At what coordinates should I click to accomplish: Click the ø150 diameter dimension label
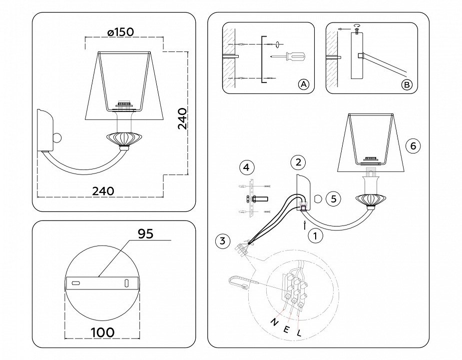[x=120, y=31]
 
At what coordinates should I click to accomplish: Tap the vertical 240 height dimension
[x=183, y=118]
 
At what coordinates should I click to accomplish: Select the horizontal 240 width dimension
[x=103, y=190]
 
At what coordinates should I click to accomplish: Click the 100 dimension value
[x=102, y=331]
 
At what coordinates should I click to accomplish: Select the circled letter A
[x=303, y=84]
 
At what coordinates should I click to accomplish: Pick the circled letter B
[x=407, y=84]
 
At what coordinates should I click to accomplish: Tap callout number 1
[x=315, y=235]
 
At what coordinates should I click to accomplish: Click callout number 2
[x=298, y=162]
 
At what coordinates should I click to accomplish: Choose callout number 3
[x=223, y=241]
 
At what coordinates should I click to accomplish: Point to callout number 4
[x=246, y=167]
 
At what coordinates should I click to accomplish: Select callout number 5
[x=333, y=198]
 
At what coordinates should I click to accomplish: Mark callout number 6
[x=413, y=146]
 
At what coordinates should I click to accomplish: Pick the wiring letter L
[x=299, y=332]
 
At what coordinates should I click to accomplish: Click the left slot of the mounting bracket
[x=76, y=283]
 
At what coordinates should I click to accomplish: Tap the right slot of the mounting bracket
[x=126, y=283]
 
